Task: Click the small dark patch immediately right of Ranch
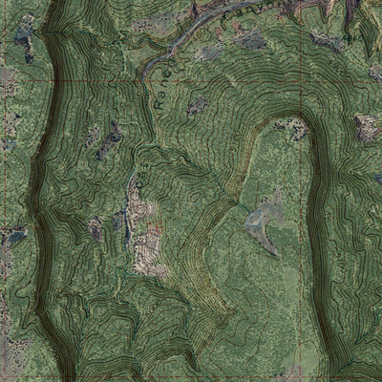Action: pyautogui.click(x=197, y=105)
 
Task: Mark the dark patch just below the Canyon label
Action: pyautogui.click(x=250, y=41)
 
